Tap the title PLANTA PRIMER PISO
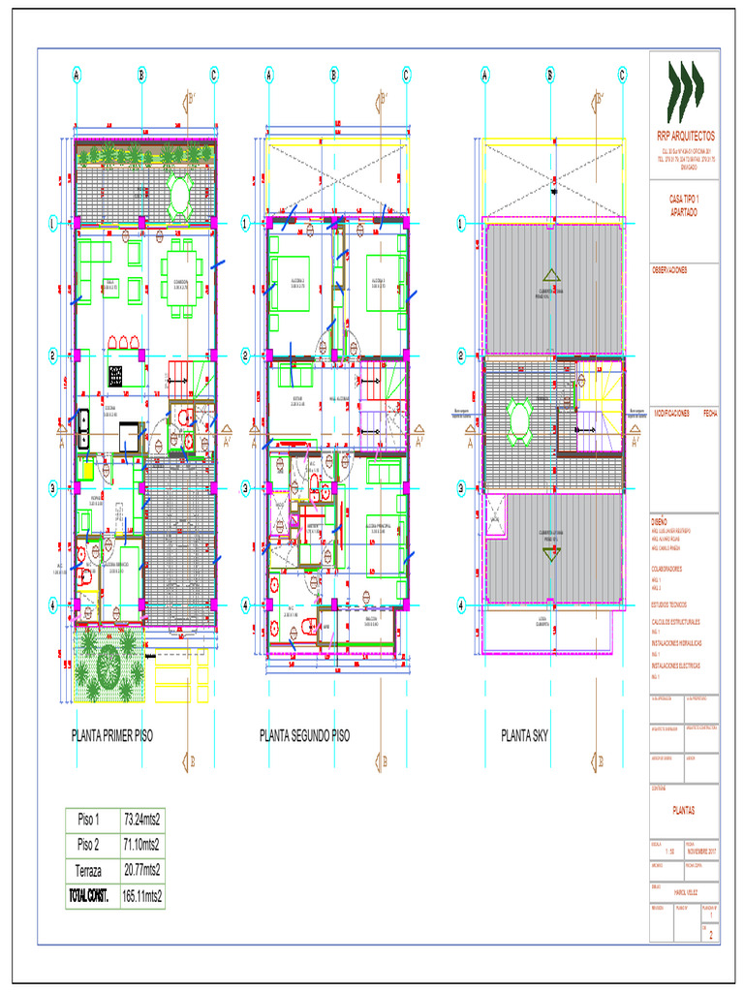click(x=111, y=736)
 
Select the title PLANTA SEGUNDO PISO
click(x=304, y=736)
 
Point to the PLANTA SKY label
click(x=524, y=736)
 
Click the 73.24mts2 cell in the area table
click(x=141, y=819)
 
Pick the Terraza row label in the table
click(x=89, y=870)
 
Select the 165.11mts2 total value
click(x=141, y=896)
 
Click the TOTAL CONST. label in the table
click(x=89, y=896)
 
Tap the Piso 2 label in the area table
click(x=89, y=844)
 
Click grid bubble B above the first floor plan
click(x=141, y=74)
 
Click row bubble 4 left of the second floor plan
click(x=246, y=605)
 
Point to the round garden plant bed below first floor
click(x=107, y=665)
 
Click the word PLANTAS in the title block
click(x=684, y=810)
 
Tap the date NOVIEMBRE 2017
click(x=701, y=850)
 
